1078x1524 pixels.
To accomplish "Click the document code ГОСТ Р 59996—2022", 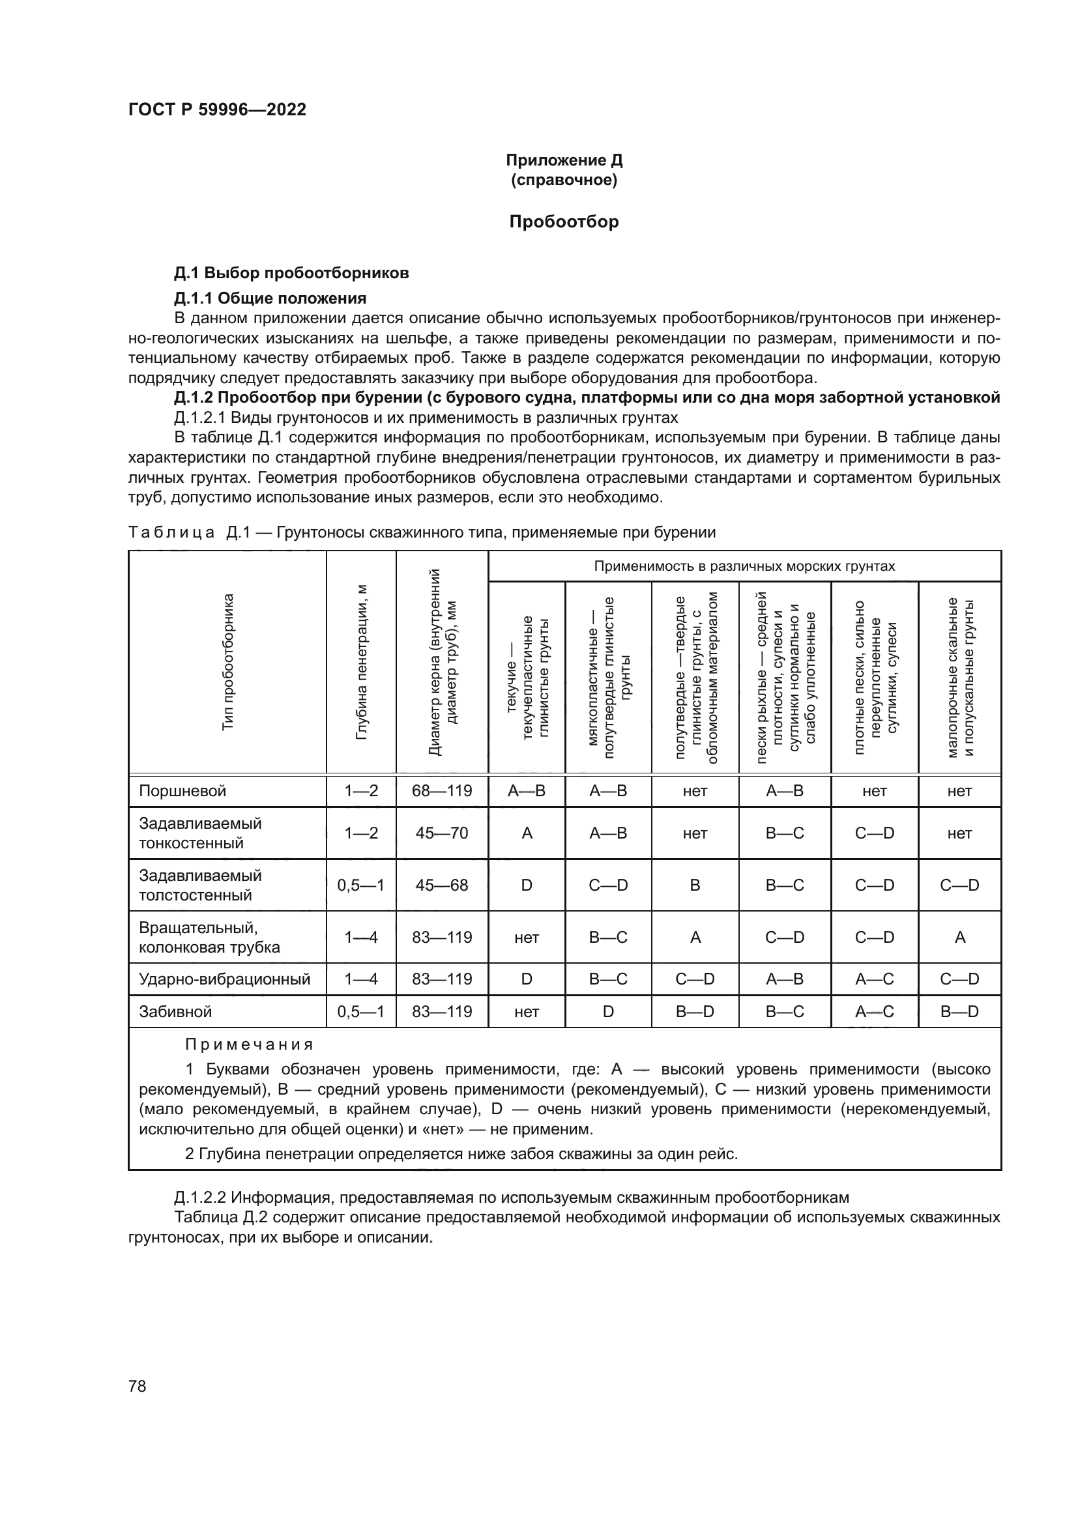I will pyautogui.click(x=217, y=110).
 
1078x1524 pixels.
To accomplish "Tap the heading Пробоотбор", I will pyautogui.click(x=564, y=222).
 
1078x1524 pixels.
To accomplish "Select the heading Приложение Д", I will pyautogui.click(x=564, y=160).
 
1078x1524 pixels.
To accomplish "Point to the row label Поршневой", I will pyautogui.click(x=182, y=790).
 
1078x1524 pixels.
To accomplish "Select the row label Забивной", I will pyautogui.click(x=175, y=1012).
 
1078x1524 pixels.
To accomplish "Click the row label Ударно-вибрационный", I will pyautogui.click(x=224, y=979).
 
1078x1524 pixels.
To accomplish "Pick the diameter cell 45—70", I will pyautogui.click(x=441, y=833).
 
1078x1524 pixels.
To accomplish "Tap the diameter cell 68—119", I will pyautogui.click(x=441, y=790).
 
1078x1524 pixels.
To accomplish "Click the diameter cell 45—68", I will pyautogui.click(x=441, y=885).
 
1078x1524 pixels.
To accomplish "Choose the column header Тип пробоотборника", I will pyautogui.click(x=227, y=663).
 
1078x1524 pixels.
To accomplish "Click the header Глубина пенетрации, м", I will pyautogui.click(x=361, y=663).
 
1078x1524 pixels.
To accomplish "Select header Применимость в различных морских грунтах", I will pyautogui.click(x=744, y=566).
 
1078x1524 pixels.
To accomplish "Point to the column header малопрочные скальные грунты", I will pyautogui.click(x=959, y=677).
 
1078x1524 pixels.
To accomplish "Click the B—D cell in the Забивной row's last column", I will pyautogui.click(x=959, y=1012).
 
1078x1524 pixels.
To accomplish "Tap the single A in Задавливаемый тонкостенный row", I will pyautogui.click(x=527, y=833).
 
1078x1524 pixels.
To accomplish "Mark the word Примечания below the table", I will pyautogui.click(x=249, y=1044).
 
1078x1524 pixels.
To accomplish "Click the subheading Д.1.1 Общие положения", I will pyautogui.click(x=270, y=297).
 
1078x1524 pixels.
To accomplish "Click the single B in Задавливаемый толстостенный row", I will pyautogui.click(x=695, y=885).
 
